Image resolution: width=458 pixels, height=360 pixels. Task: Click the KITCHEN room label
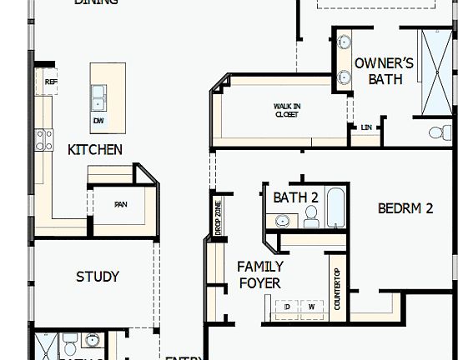click(95, 150)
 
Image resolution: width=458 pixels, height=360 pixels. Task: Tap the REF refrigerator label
click(51, 82)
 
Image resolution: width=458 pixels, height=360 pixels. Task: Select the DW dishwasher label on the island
click(99, 120)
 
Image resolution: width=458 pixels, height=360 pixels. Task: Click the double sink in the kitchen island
click(99, 97)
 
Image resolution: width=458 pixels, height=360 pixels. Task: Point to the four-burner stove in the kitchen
click(43, 139)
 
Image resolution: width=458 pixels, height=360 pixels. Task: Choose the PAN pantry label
click(120, 204)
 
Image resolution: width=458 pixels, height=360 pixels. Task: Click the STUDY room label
click(98, 277)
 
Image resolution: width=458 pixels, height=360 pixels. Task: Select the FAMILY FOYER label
click(259, 275)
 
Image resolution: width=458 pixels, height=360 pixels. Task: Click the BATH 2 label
click(296, 197)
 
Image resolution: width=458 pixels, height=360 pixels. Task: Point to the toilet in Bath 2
click(311, 217)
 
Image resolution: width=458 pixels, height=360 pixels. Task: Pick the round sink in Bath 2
click(284, 221)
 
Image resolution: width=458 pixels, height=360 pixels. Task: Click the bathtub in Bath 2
click(335, 208)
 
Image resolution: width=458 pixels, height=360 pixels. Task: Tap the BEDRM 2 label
click(405, 208)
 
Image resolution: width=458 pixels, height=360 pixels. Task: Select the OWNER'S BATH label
click(384, 71)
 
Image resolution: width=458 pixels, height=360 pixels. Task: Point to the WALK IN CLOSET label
click(286, 110)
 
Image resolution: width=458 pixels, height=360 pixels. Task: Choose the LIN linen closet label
click(366, 127)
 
